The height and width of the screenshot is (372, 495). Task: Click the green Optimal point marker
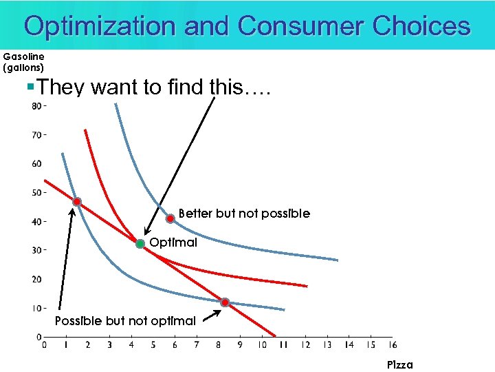(x=140, y=244)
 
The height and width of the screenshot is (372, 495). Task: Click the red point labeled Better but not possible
(x=170, y=218)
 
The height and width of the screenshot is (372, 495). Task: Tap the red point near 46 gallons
(x=77, y=202)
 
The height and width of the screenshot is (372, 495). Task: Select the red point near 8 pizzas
(x=225, y=302)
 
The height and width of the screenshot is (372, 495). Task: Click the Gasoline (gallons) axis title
(x=23, y=62)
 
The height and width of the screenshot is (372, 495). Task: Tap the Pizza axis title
(x=399, y=364)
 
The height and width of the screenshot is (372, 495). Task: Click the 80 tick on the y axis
(x=36, y=106)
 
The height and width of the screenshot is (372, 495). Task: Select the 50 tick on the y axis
(x=36, y=192)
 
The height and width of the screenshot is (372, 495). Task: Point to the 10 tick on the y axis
(x=36, y=308)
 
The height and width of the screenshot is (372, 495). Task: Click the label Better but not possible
(x=244, y=214)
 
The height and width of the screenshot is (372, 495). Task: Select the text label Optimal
(x=173, y=242)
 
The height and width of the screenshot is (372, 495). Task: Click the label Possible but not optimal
(x=125, y=321)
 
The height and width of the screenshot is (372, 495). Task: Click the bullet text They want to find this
(x=154, y=87)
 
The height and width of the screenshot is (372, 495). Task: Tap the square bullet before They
(x=30, y=87)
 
